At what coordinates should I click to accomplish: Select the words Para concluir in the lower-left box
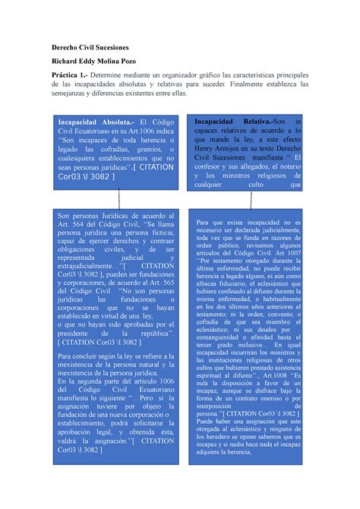(x=81, y=355)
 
